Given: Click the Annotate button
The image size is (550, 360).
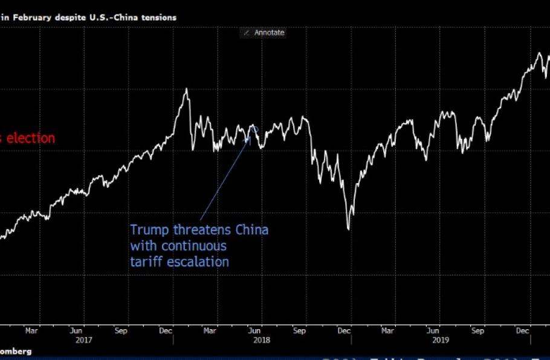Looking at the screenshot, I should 264,33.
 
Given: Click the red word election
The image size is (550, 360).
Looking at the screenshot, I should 30,138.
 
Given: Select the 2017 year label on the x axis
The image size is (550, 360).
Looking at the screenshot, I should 84,340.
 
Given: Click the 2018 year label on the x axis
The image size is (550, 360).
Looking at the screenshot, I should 261,340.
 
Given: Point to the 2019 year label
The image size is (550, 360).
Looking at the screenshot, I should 439,340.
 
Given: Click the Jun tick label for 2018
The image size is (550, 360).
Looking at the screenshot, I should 254,330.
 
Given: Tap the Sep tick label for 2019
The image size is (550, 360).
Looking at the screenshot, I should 477,330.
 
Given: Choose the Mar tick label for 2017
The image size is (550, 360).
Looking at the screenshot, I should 32,330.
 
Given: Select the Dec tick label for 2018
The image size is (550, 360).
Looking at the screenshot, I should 344,330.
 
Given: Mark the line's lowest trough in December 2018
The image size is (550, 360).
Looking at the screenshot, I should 348,229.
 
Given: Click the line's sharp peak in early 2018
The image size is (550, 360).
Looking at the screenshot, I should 186,89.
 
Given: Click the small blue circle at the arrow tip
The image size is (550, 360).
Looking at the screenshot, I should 254,128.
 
